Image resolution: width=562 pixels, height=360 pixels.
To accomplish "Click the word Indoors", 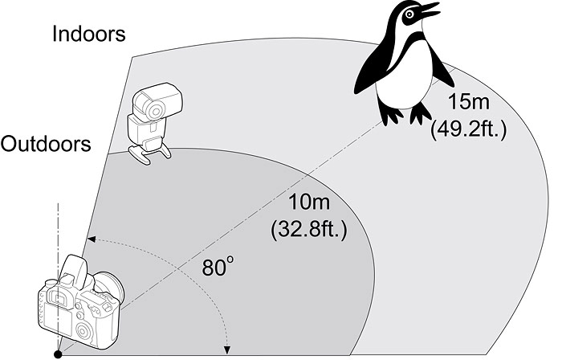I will pyautogui.click(x=88, y=34).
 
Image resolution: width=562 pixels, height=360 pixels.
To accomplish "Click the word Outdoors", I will pyautogui.click(x=45, y=145).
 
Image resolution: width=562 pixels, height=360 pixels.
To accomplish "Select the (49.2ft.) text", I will pyautogui.click(x=469, y=129).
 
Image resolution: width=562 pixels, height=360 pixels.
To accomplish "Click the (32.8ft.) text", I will pyautogui.click(x=309, y=232).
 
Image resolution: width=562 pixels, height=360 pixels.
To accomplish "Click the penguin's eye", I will pyautogui.click(x=411, y=13).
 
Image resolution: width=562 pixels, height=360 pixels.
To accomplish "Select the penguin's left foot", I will pyautogui.click(x=391, y=115).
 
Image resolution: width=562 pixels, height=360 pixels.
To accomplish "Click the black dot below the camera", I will pyautogui.click(x=58, y=353).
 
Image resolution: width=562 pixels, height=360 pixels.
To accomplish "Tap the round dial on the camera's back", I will pyautogui.click(x=81, y=331).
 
